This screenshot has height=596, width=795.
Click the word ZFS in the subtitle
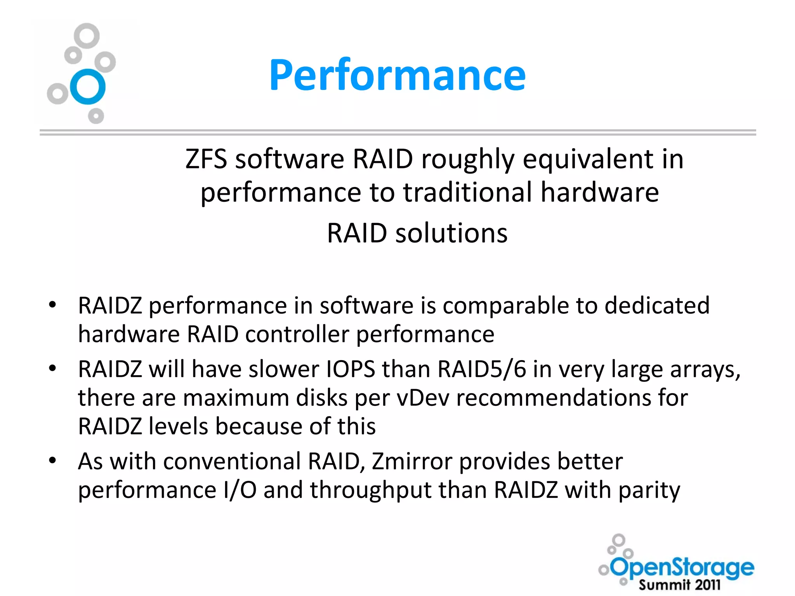point(206,159)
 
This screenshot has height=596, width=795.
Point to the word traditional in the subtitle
point(467,192)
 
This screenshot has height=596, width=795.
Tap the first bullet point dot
point(53,305)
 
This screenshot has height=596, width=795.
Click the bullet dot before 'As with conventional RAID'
point(53,461)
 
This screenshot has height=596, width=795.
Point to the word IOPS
point(351,369)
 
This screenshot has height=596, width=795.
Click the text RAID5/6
point(482,369)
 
